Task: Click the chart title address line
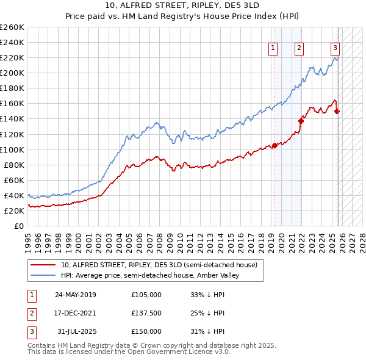click(x=182, y=6)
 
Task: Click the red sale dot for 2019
click(x=274, y=145)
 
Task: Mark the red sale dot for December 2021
click(x=301, y=120)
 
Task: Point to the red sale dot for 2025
click(x=337, y=111)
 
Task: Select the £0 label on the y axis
click(x=20, y=226)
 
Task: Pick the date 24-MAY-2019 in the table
click(x=75, y=295)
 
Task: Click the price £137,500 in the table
click(x=146, y=313)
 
